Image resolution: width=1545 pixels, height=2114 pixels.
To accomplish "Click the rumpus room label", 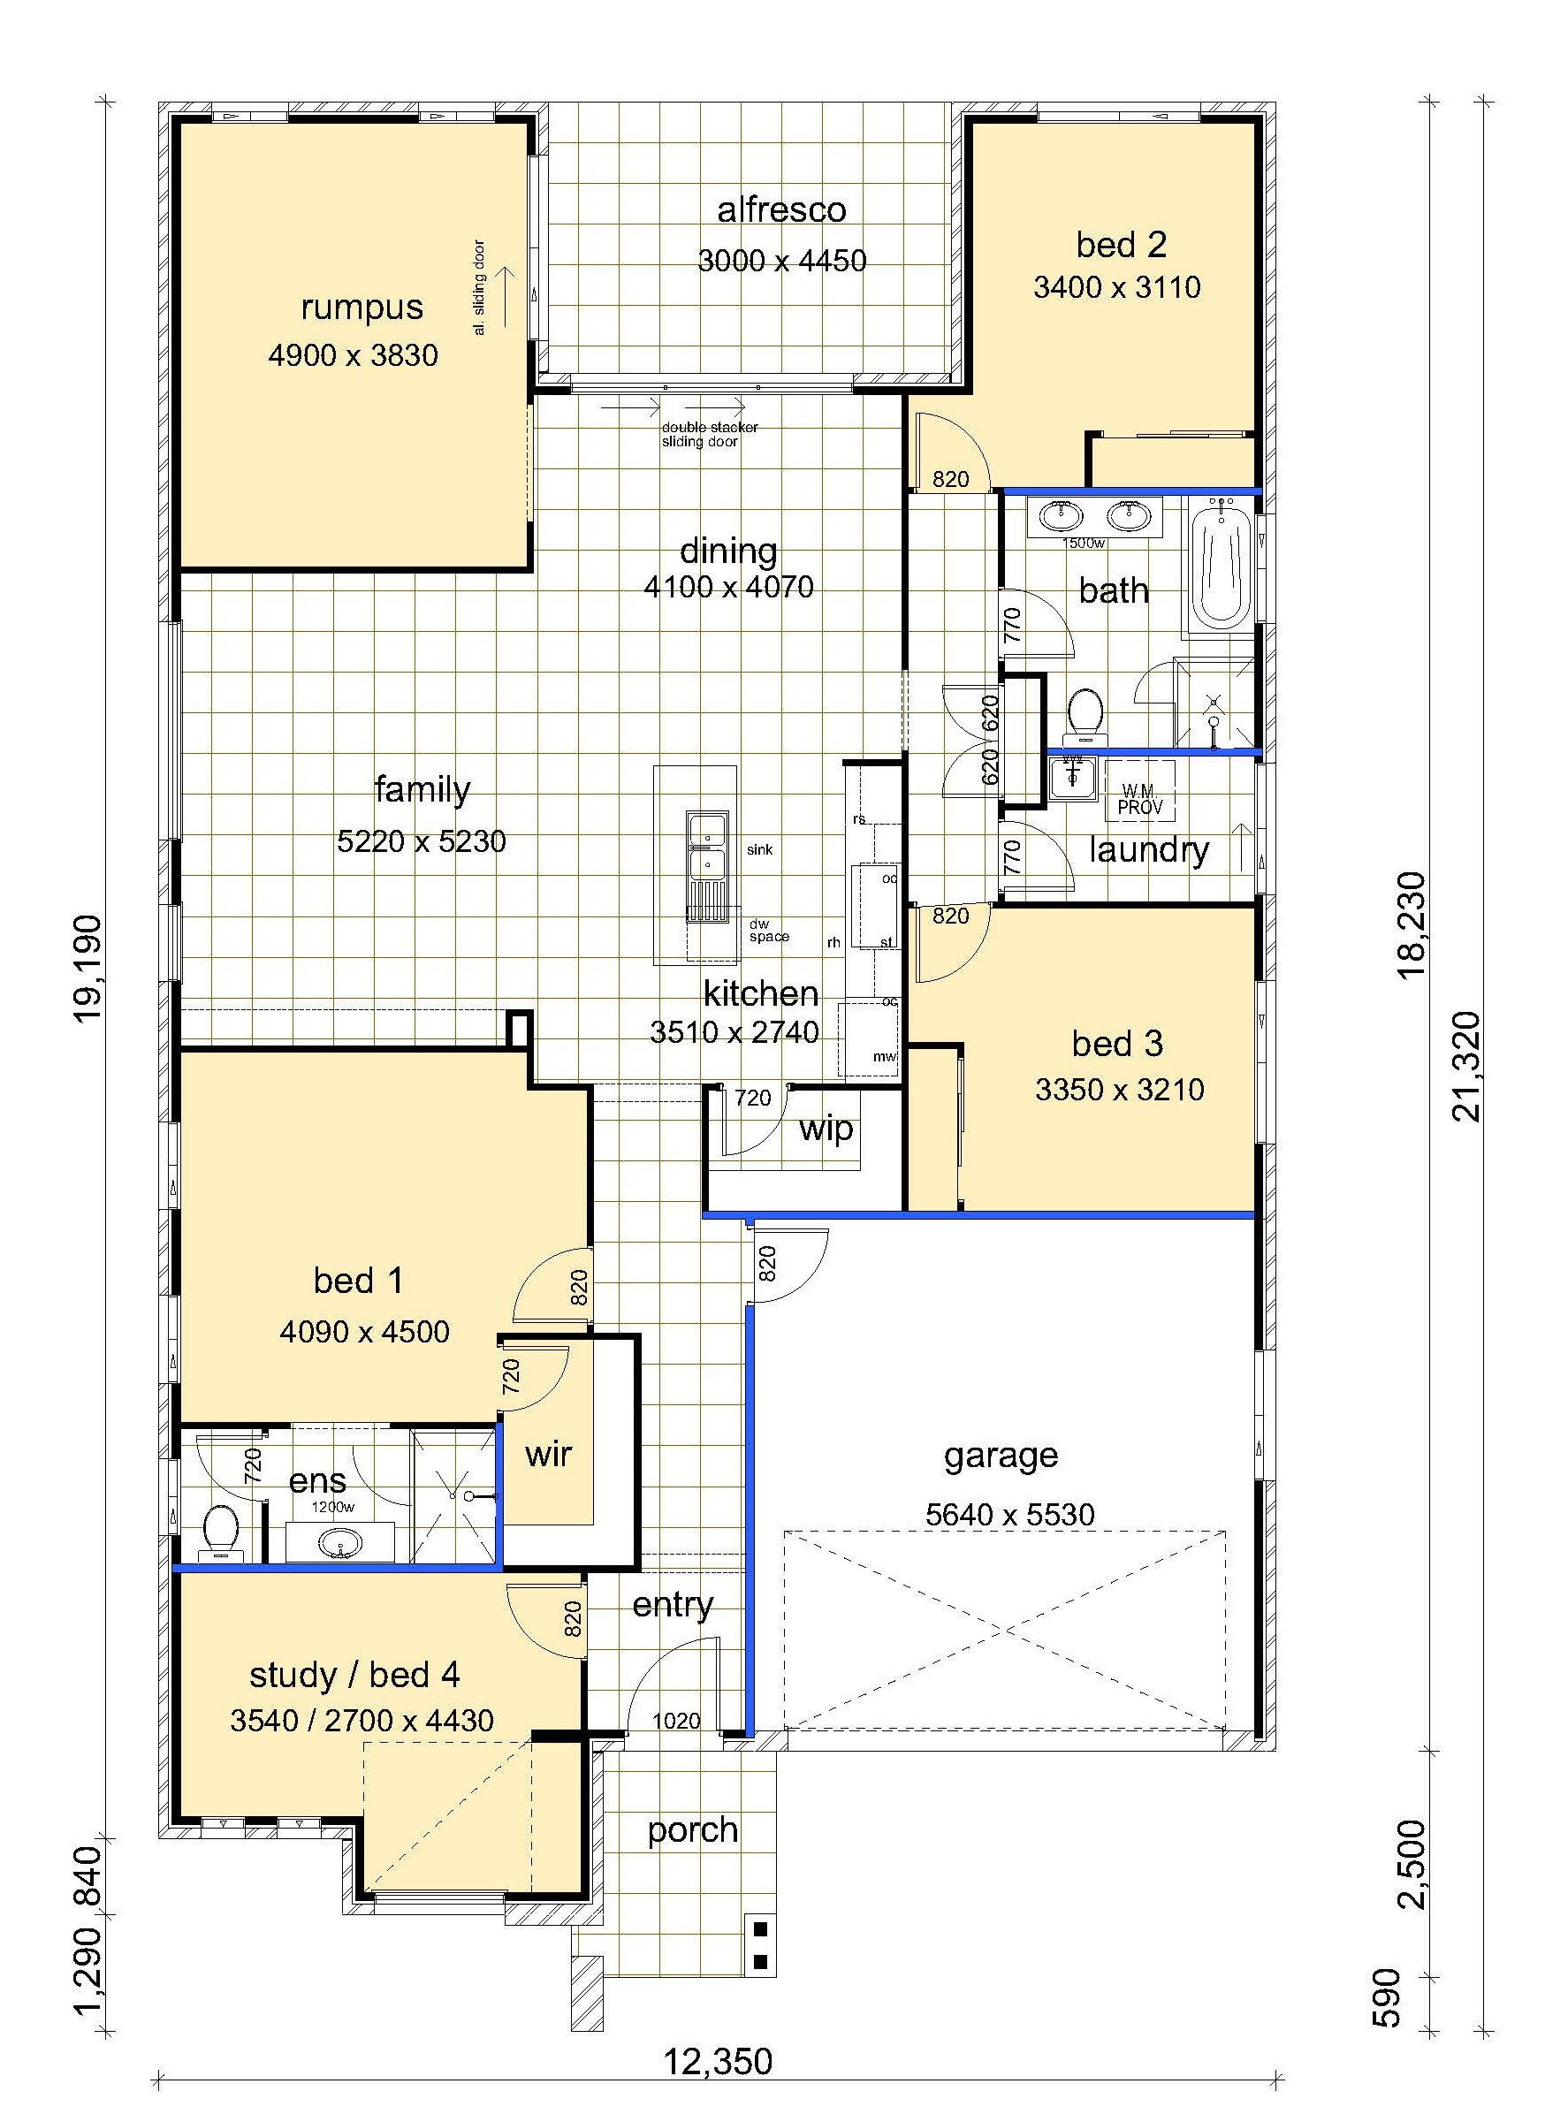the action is (362, 308).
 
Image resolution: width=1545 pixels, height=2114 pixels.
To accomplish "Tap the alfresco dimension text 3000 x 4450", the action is (782, 260).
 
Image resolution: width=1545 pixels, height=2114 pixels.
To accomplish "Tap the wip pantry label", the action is (826, 1129).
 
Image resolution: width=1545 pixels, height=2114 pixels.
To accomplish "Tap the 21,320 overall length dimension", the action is (1467, 1066).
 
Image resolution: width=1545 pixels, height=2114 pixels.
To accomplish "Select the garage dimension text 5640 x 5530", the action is (1010, 1515).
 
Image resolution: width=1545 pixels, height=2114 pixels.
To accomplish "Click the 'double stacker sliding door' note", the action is (710, 435).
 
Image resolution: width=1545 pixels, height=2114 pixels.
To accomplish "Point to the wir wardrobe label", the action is (548, 1454).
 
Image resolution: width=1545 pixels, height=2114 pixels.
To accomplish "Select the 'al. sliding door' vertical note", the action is (479, 288).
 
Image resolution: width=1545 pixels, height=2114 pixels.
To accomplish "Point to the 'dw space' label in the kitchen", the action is (769, 931).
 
